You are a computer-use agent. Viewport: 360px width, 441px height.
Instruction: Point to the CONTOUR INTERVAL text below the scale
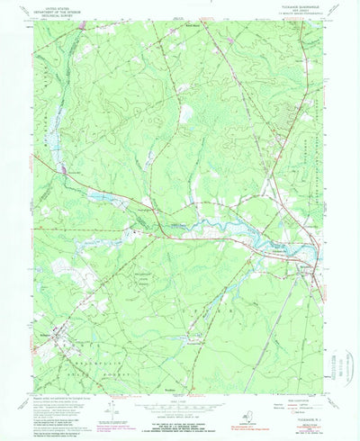tap(180, 410)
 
